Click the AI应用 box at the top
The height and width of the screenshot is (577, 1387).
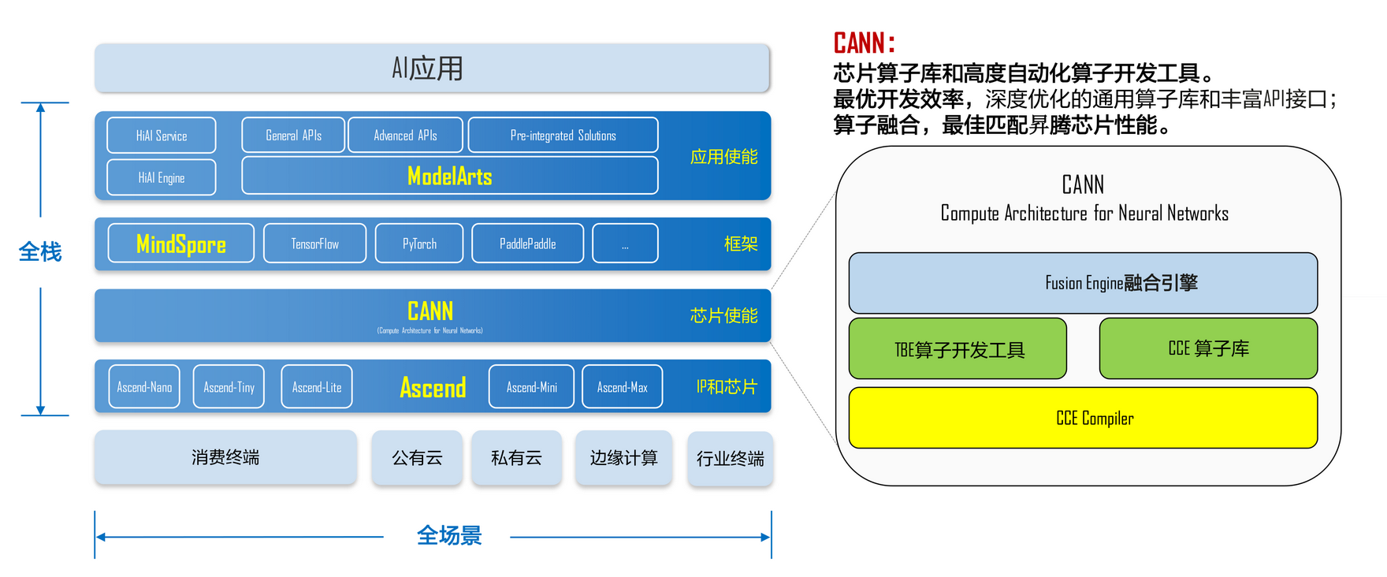tap(432, 69)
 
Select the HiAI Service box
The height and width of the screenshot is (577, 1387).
tap(162, 136)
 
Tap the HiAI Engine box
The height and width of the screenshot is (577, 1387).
tap(162, 177)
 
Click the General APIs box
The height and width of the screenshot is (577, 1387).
tap(293, 136)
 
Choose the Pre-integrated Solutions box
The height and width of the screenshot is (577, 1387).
tap(563, 136)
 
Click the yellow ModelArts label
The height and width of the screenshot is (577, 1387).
tap(449, 176)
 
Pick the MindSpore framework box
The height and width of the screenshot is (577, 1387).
tap(181, 244)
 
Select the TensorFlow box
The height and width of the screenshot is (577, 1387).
tap(314, 244)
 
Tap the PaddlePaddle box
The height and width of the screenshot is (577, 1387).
tap(527, 244)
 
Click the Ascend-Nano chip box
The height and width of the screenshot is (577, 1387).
tap(144, 387)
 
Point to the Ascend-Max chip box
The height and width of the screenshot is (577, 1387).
tap(622, 387)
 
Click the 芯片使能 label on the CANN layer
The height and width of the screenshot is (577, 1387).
tap(723, 315)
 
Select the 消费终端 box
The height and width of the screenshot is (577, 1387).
tap(225, 457)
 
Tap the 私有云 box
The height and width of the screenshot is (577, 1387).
tap(516, 457)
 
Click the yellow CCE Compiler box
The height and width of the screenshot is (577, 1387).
tap(1083, 418)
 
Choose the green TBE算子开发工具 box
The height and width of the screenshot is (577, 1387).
tap(958, 349)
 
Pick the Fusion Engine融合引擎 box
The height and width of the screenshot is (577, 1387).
tap(1083, 283)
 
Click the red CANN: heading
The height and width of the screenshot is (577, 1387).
tap(864, 43)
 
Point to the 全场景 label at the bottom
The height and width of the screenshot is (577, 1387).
tap(448, 536)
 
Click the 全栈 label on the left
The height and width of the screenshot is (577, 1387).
tap(40, 252)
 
